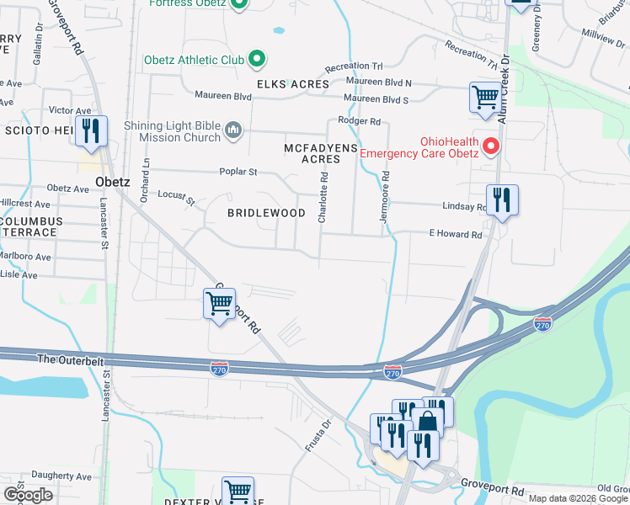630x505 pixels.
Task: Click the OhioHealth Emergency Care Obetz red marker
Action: pos(489,146)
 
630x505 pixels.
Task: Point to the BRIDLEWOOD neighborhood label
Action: pos(266,213)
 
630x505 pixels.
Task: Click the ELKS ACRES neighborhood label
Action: pos(292,84)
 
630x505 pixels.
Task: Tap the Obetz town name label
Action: pos(111,181)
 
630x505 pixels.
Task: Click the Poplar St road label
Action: pos(238,172)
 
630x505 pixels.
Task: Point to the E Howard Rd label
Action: pos(456,234)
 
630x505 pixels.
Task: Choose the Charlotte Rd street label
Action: pos(323,197)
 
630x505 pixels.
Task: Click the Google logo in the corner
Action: pos(28,495)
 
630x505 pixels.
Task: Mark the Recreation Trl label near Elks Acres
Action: pos(354,66)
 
